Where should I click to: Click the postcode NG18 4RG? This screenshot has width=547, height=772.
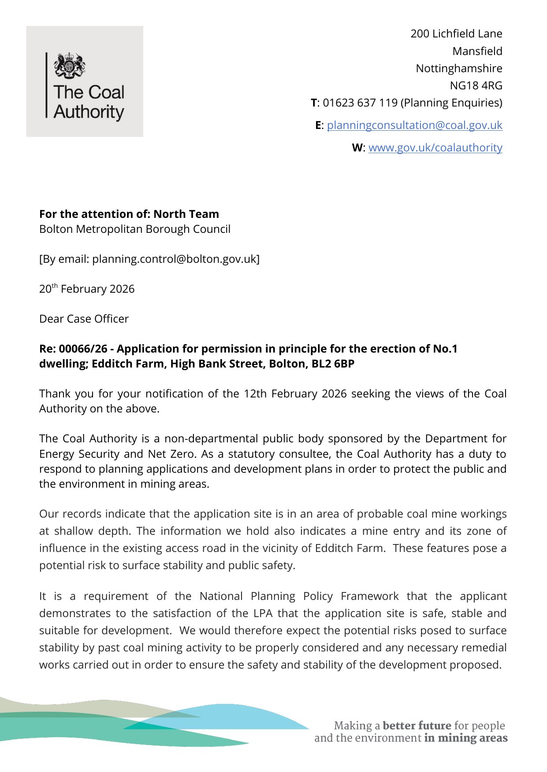point(476,85)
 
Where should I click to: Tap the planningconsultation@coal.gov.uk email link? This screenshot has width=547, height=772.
point(414,125)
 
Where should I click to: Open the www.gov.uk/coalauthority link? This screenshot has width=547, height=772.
point(435,148)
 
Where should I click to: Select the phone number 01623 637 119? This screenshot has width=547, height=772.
point(360,103)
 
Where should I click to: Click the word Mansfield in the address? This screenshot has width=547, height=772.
point(477,51)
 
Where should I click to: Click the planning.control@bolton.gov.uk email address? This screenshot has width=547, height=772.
point(174,259)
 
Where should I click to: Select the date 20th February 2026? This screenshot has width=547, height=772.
point(87,289)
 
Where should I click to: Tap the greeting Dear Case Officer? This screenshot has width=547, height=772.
point(84,319)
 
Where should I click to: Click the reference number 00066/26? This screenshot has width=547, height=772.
point(83,349)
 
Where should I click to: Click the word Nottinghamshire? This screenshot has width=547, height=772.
point(459,68)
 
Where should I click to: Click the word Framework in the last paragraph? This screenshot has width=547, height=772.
point(369,596)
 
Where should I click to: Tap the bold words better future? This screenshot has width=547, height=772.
point(417,725)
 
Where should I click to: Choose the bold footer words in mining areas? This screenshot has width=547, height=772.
point(465,738)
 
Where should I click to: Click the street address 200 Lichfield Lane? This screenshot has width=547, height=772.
point(456,34)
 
